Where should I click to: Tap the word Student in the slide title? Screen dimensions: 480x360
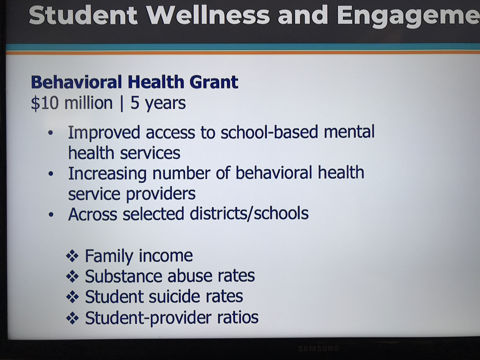point(83,15)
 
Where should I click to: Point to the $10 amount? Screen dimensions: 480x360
point(45,103)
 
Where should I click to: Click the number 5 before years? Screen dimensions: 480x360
point(135,103)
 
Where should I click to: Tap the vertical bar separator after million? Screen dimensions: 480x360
point(122,104)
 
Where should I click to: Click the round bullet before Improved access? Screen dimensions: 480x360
point(50,132)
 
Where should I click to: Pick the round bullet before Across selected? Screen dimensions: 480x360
point(51,215)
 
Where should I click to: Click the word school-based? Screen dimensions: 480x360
point(269,132)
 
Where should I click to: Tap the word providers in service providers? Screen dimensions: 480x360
point(161,194)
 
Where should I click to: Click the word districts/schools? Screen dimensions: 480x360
point(249,214)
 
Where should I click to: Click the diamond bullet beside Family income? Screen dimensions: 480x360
point(72,256)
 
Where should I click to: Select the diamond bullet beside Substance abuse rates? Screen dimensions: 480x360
point(72,276)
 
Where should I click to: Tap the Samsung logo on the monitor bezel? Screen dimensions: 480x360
point(318,348)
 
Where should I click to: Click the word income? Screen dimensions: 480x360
point(166,256)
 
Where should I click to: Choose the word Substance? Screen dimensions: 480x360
point(124,276)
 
